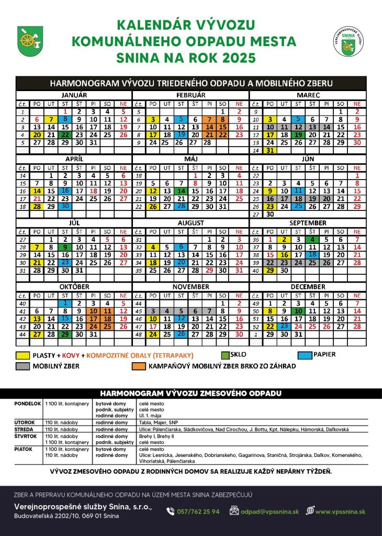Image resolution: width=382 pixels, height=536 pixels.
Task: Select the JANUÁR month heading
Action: tap(73, 95)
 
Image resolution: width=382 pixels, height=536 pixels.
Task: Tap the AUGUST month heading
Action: tap(191, 223)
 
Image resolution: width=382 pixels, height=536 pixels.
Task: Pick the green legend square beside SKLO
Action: tap(226, 355)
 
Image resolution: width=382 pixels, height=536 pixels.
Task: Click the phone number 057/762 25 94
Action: tap(198, 511)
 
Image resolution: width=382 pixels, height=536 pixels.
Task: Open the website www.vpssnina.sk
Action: tap(340, 511)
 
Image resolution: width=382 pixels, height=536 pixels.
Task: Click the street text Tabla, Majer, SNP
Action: tap(159, 422)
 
